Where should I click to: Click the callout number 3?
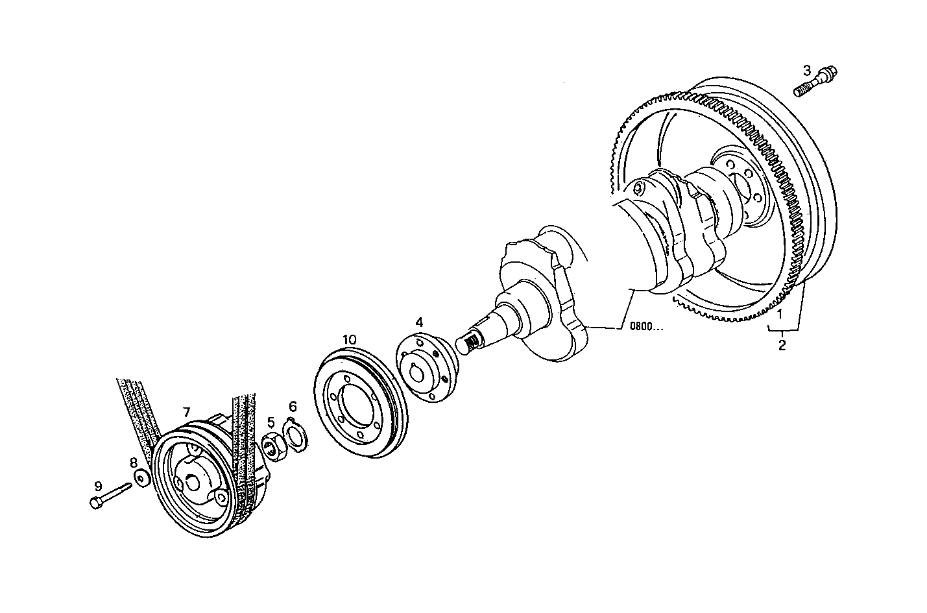tap(807, 69)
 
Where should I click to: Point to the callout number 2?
tap(782, 345)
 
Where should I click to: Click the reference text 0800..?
tap(646, 326)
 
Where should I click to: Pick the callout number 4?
tap(419, 322)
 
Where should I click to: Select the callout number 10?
tap(350, 339)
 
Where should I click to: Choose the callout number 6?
tap(293, 407)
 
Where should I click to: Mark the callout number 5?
tap(271, 422)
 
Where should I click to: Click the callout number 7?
tap(186, 411)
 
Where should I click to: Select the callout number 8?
tap(134, 463)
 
